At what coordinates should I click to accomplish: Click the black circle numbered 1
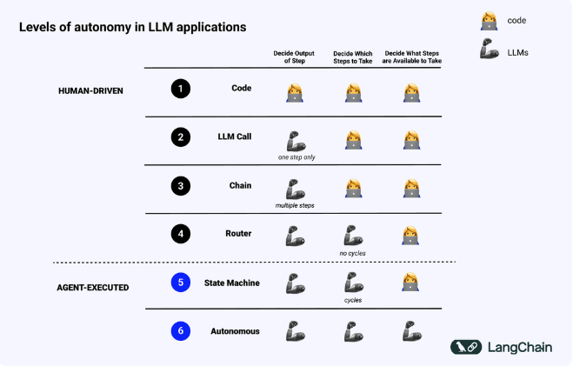(181, 89)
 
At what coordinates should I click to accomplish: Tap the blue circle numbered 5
(181, 283)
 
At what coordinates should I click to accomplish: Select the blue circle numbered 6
(181, 331)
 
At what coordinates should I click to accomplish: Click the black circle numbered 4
(181, 234)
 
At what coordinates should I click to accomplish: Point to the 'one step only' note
(296, 157)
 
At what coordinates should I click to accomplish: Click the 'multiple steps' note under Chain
(295, 206)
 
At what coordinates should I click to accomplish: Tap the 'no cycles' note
(353, 253)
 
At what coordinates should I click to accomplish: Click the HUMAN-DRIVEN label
(90, 91)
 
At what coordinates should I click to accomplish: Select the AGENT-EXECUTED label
(93, 288)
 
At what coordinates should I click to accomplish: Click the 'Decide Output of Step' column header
(294, 57)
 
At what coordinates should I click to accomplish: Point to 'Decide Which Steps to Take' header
(353, 57)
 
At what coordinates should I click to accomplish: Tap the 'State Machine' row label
(232, 283)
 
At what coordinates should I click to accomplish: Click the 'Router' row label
(238, 233)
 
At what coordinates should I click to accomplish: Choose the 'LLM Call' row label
(235, 136)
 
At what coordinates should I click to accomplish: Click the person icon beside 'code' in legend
(489, 21)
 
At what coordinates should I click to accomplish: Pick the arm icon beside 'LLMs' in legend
(490, 49)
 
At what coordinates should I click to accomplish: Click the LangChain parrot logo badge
(466, 347)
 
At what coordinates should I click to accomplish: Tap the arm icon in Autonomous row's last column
(412, 331)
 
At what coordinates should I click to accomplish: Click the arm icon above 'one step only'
(296, 142)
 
